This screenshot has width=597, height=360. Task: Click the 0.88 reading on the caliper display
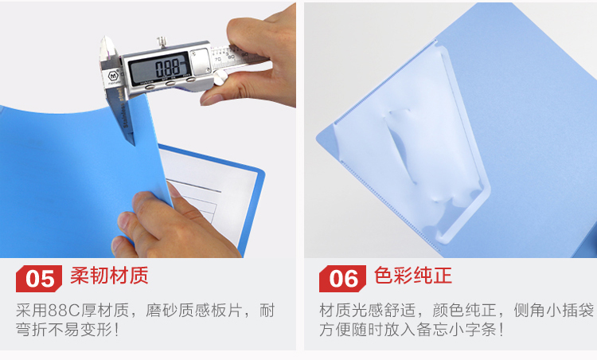click(167, 68)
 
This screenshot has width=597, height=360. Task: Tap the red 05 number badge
click(39, 279)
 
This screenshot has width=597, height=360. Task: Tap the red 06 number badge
click(342, 279)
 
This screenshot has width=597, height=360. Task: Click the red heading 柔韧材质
click(109, 276)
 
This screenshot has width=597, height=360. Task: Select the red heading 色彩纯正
click(412, 276)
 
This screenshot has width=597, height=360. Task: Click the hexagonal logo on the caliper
click(113, 76)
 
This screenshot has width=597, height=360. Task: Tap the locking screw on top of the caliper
click(162, 41)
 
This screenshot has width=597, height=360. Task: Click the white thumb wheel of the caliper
click(220, 77)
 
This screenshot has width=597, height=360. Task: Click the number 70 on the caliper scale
click(217, 60)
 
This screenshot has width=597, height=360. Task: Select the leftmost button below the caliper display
click(150, 87)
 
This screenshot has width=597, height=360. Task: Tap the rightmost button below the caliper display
click(190, 80)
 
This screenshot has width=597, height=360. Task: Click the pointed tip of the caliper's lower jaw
click(134, 144)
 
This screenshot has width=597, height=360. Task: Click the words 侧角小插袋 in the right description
click(553, 311)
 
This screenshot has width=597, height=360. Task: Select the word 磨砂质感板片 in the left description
click(193, 311)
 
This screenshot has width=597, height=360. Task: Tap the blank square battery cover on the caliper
click(200, 61)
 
